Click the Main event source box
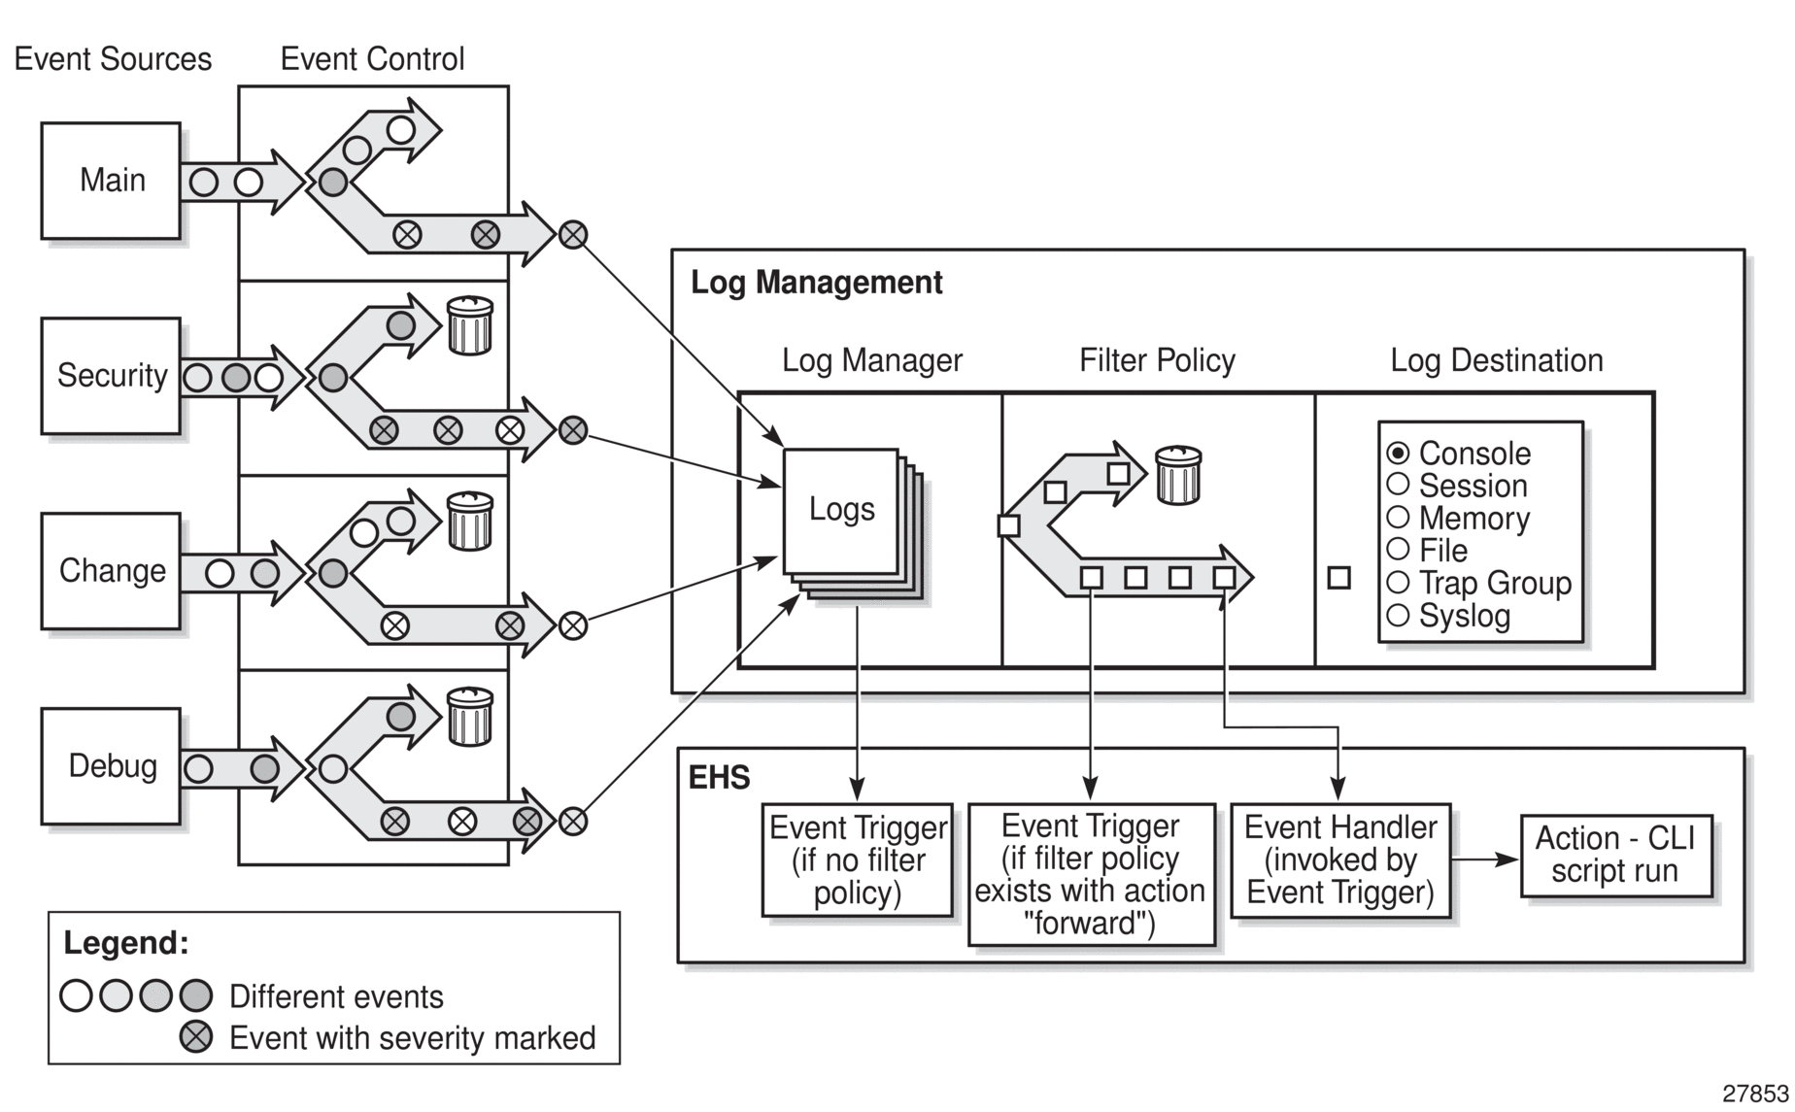(111, 181)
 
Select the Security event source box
(111, 376)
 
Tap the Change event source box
(111, 571)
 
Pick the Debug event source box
(111, 766)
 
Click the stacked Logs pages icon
(843, 513)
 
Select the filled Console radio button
(1398, 453)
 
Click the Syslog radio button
(1398, 615)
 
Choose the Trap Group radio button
(1398, 583)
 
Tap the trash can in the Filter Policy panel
(1178, 475)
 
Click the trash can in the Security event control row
(469, 325)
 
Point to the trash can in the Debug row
(469, 717)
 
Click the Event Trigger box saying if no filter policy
(857, 859)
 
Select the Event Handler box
(1339, 859)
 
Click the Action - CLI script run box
(1614, 855)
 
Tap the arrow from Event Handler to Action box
(1485, 859)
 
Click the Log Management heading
(816, 283)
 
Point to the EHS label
(719, 778)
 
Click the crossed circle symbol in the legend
(196, 1037)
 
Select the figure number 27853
(1755, 1094)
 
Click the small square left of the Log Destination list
(1338, 578)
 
